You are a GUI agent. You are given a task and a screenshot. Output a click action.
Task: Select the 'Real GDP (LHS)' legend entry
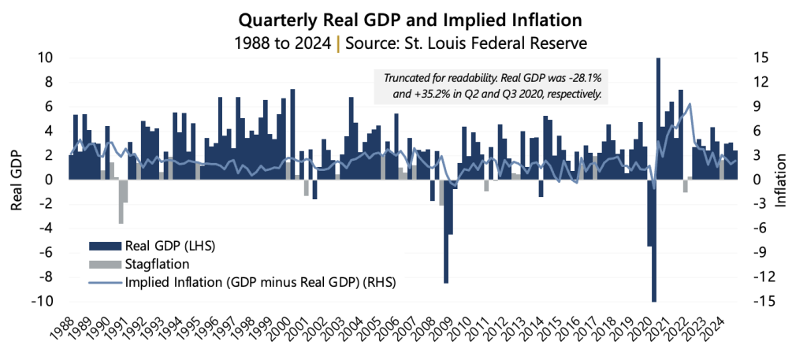[x=169, y=246]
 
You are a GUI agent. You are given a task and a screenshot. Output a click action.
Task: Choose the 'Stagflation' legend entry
[x=157, y=264]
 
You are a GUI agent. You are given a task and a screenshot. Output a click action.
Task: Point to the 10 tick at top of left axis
[x=45, y=58]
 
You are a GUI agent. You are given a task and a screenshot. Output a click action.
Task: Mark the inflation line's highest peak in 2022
[x=690, y=104]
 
